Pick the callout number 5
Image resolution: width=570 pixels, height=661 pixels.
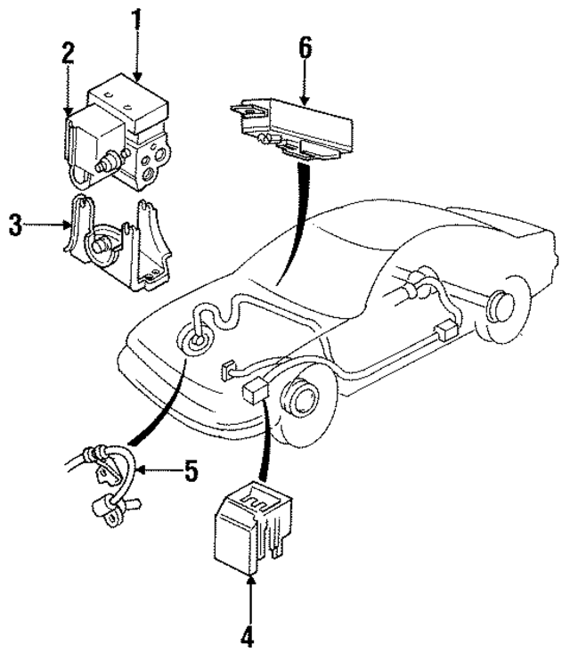[x=191, y=470]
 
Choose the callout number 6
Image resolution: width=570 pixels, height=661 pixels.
[x=305, y=48]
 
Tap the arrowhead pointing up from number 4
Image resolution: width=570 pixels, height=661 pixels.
[x=250, y=583]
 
